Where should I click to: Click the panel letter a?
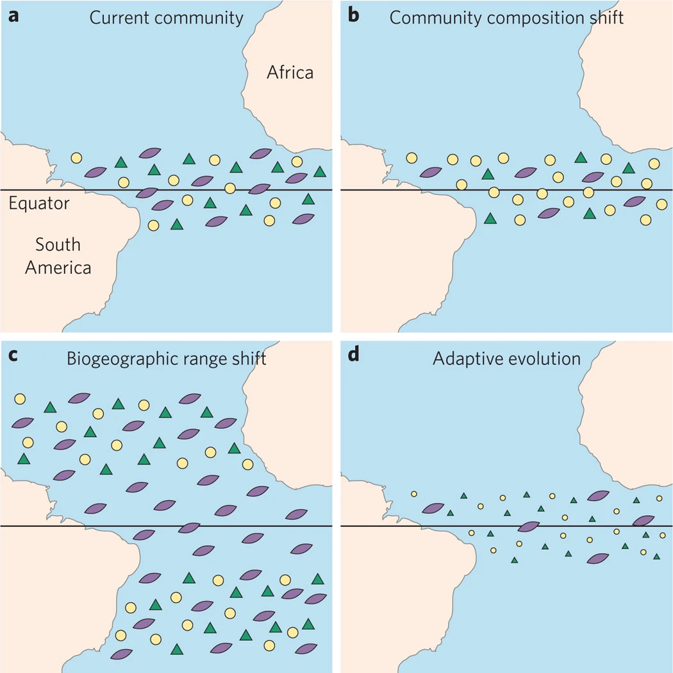pos(13,16)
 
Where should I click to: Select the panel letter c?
pos(13,356)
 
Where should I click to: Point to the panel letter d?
pos(353,356)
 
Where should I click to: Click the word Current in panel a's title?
pos(118,17)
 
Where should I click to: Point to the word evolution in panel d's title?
pos(544,358)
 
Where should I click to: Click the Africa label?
pos(290,72)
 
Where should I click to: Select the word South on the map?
pos(58,244)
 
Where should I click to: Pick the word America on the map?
pos(58,268)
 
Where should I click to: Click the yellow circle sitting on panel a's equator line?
pos(230,188)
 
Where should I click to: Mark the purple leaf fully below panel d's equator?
pos(598,558)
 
